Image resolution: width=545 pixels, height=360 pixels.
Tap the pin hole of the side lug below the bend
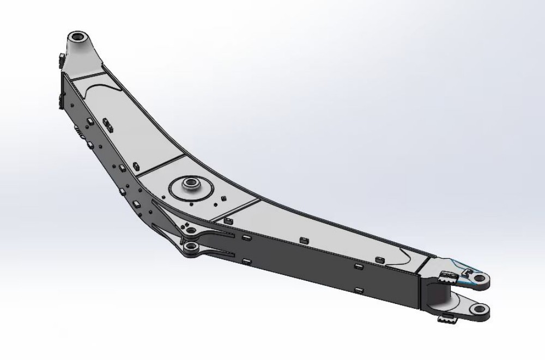[190, 248]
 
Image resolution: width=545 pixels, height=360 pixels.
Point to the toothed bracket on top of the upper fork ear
[446, 276]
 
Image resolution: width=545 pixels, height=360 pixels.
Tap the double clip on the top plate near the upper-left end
[107, 126]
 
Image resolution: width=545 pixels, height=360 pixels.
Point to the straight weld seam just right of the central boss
[234, 209]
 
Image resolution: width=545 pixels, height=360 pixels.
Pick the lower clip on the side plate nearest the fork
[358, 290]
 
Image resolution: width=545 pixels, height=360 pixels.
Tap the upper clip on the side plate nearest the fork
[358, 266]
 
